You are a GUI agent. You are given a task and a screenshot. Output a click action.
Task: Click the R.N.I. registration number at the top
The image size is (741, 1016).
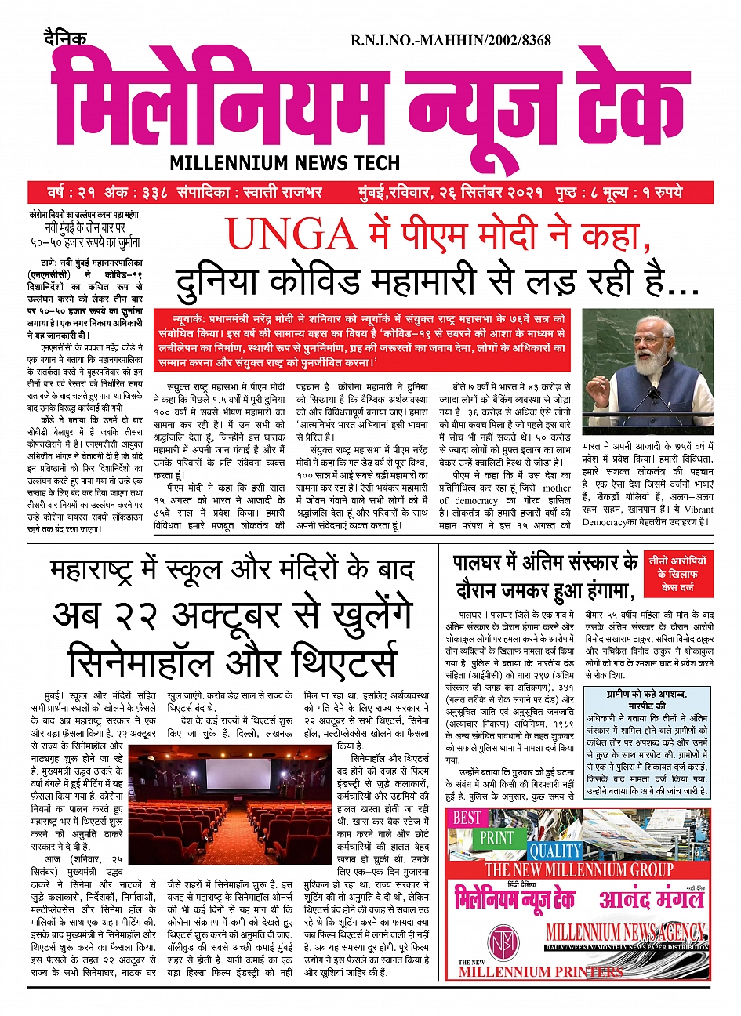450,40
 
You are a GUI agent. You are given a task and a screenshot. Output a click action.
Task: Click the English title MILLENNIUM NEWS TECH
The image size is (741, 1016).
285,163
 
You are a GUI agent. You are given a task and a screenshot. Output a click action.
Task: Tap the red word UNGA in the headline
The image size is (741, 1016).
291,234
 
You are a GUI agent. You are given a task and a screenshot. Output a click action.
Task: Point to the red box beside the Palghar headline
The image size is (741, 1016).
678,574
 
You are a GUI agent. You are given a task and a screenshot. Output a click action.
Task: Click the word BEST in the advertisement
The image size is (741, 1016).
467,818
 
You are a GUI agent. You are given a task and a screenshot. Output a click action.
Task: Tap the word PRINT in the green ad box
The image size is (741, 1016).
497,837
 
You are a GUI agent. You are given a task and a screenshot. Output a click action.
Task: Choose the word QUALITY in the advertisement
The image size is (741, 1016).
555,851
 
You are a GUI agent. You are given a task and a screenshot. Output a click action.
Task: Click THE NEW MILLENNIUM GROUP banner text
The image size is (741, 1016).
579,870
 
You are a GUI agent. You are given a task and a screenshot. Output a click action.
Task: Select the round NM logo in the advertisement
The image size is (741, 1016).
503,940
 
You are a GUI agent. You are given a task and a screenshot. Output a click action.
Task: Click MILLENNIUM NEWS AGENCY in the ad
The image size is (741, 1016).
625,932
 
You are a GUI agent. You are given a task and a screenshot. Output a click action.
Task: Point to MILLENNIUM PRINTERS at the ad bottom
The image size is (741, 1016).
540,972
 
